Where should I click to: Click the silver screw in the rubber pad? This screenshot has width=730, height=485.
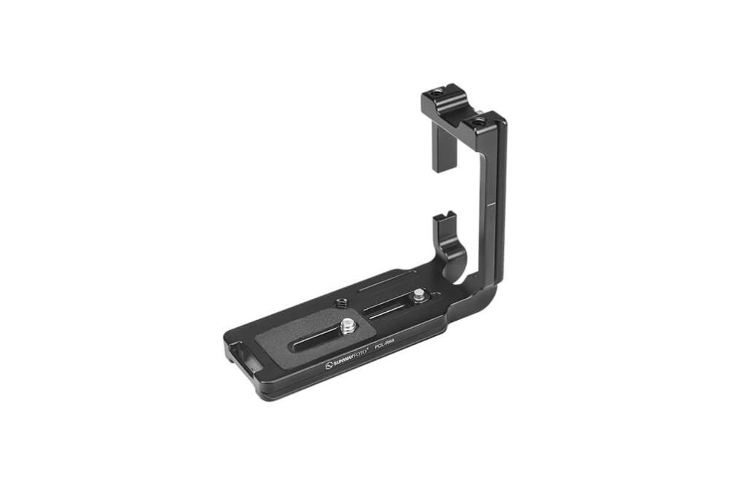[348, 322]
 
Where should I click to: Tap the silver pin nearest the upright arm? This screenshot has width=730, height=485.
[417, 296]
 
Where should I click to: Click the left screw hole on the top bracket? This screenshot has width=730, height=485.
[436, 93]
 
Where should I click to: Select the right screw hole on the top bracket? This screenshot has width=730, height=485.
[478, 122]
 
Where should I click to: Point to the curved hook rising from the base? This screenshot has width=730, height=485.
[451, 248]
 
